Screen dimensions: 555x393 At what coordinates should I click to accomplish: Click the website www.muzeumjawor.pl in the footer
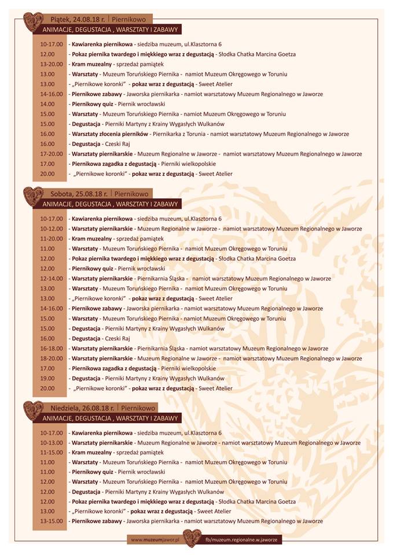click(156, 539)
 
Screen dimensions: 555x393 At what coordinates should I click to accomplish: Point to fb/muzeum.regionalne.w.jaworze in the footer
click(243, 539)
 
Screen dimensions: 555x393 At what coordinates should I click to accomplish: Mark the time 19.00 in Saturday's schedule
click(48, 378)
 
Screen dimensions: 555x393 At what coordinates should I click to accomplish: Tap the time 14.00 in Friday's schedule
click(48, 104)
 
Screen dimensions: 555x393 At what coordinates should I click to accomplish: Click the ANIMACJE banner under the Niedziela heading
click(112, 418)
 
